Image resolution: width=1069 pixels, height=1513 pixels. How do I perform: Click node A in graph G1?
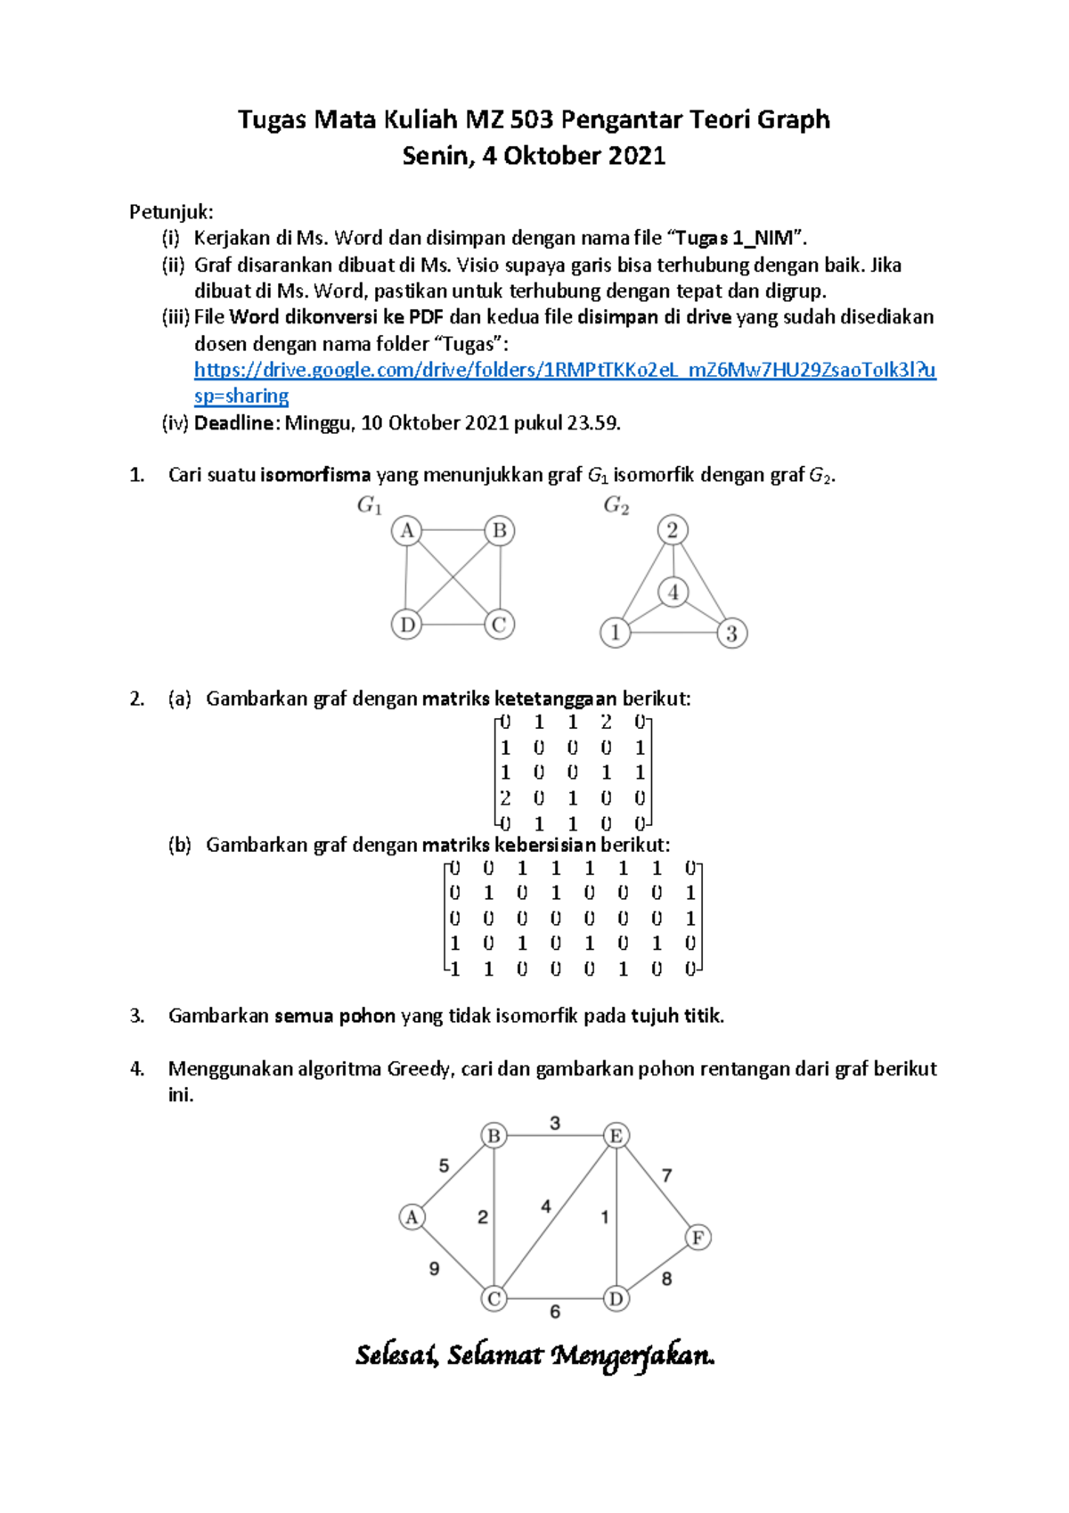pos(407,531)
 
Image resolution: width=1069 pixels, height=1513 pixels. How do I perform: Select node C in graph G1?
pos(499,625)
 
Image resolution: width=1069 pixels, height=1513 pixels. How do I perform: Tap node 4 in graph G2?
pos(673,592)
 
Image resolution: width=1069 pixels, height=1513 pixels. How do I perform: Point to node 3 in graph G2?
pos(731,634)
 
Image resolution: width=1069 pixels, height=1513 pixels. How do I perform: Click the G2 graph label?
pos(616,506)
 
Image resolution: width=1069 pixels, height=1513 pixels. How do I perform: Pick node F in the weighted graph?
pos(698,1238)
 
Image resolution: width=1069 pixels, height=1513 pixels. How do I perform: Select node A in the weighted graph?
pos(412,1217)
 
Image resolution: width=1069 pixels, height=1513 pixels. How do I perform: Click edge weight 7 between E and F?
pos(666,1176)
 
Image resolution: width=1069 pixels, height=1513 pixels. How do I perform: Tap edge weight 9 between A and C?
pos(434,1269)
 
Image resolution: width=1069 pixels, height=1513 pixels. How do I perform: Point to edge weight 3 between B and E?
pos(555,1123)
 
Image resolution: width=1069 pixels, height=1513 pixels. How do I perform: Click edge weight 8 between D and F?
pos(666,1279)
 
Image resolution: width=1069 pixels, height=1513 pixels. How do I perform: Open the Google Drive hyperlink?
pos(565,370)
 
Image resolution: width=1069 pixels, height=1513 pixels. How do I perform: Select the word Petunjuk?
pos(170,212)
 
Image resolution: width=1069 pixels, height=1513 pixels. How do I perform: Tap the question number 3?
pos(136,1016)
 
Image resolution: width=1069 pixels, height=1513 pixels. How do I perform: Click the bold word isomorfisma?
pos(315,475)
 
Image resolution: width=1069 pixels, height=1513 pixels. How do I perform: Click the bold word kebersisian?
pos(545,845)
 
